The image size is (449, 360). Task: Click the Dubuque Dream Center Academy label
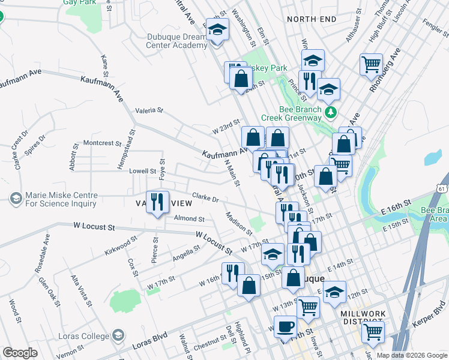[x=177, y=41]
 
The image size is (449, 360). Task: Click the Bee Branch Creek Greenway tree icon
[x=330, y=112]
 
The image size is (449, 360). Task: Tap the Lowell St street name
[x=143, y=172]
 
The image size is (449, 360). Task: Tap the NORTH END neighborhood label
[x=312, y=19]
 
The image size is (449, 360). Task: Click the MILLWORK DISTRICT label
[x=366, y=318]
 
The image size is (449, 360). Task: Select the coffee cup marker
[x=285, y=327]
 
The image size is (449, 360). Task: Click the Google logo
[x=20, y=353]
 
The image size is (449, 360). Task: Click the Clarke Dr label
[x=205, y=197]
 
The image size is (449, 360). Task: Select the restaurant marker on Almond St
[x=157, y=202]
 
